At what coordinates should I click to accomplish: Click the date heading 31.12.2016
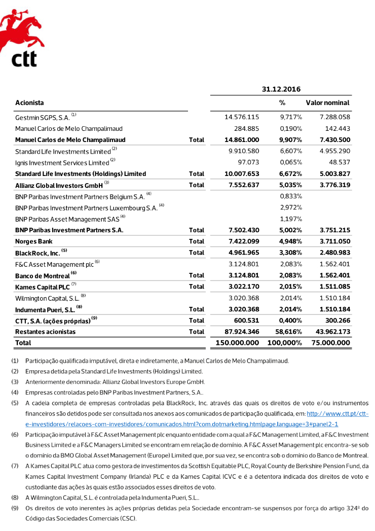point(281,89)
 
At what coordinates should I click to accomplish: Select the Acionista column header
point(29,103)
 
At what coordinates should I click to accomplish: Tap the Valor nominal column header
point(327,103)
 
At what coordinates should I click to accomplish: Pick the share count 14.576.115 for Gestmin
point(242,117)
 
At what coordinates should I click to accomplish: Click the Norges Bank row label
point(33,241)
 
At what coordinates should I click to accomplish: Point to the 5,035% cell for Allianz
point(291,185)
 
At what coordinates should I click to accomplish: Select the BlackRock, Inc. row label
point(37,253)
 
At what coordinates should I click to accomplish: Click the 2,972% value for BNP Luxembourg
point(291,207)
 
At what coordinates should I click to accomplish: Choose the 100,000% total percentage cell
point(285,343)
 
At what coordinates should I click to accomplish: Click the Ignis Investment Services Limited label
point(62,163)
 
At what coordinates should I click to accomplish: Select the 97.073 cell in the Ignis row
point(247,162)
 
